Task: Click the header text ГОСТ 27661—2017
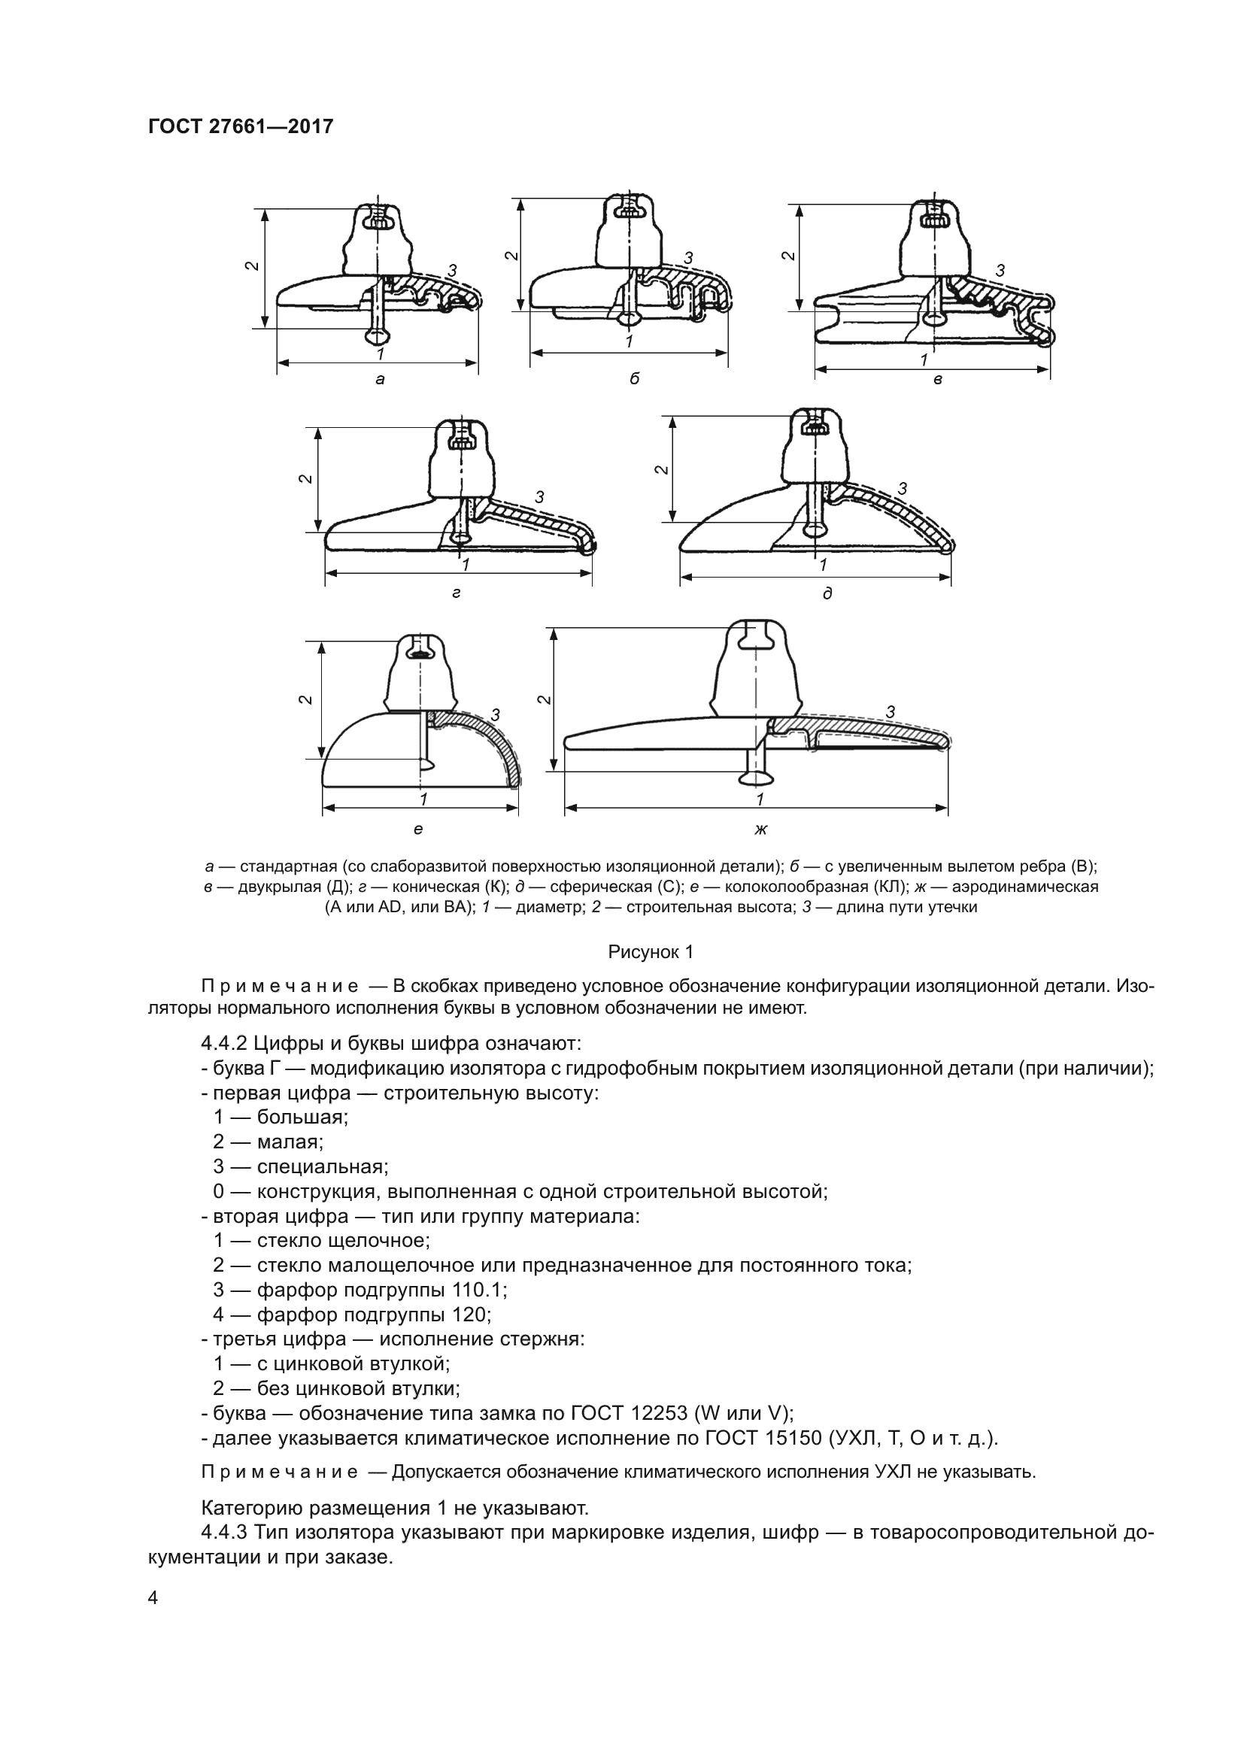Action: coord(241,126)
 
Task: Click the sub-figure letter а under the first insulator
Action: coord(380,379)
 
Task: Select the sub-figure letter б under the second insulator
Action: coord(634,378)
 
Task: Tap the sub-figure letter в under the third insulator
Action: coord(938,380)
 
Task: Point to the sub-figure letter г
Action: coord(457,593)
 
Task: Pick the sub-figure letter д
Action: coord(827,594)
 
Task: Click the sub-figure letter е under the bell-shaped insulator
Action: coord(418,829)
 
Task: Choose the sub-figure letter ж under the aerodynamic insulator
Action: coord(760,829)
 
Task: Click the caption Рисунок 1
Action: coord(651,952)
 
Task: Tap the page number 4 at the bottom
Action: coord(153,1598)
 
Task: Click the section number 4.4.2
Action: coord(223,1044)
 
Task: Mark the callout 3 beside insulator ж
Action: coord(890,711)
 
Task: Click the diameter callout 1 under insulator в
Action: coord(924,359)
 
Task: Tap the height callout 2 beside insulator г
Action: coord(305,479)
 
